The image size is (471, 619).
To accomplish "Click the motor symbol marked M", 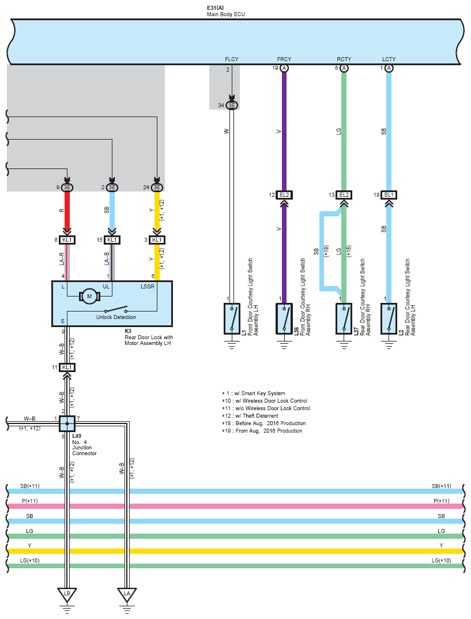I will point(89,297).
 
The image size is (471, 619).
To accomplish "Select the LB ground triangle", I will point(66,594).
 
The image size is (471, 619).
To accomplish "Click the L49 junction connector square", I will point(67,423).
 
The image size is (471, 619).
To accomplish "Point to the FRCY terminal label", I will point(284,59).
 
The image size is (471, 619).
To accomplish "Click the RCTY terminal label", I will point(344,59).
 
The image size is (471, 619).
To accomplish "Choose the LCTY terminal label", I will point(389,59).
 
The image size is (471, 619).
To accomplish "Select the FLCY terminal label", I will point(231,59).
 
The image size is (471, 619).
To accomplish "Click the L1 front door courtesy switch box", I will point(232,318).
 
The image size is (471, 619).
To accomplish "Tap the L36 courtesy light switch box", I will point(284,318).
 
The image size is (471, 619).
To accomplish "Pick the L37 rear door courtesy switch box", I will point(344,318).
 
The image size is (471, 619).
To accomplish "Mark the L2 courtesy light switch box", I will point(389,318).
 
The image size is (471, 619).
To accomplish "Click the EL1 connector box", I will point(389,195).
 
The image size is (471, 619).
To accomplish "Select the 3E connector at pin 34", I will point(232,105).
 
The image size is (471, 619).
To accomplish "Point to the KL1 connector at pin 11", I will point(67,367).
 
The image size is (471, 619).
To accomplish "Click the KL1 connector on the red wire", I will point(67,239).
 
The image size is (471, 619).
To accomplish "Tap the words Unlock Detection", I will point(116,317).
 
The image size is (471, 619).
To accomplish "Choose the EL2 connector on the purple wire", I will point(284,195).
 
